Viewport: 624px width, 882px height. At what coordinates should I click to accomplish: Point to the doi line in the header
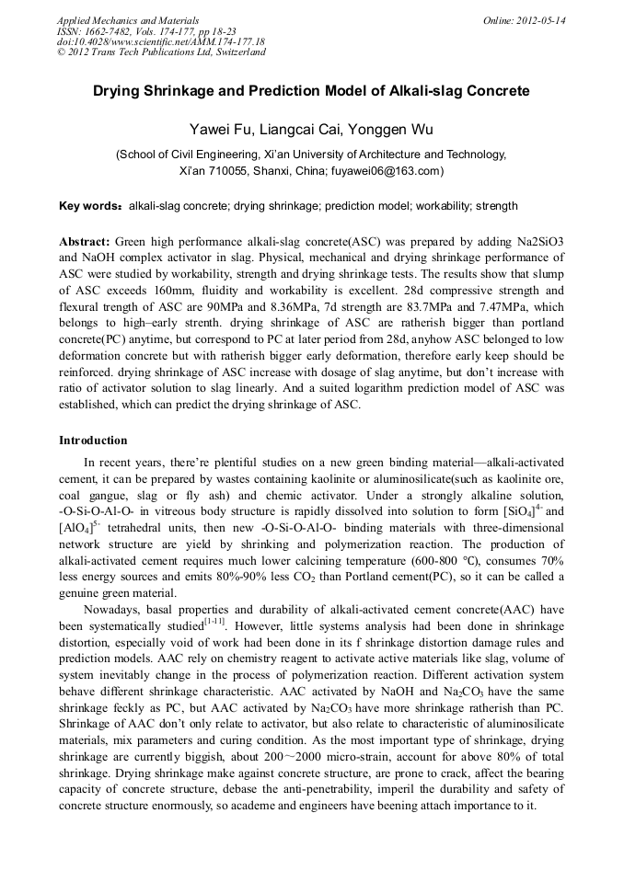[x=160, y=41]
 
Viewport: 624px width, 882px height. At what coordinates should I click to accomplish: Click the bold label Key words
[x=89, y=206]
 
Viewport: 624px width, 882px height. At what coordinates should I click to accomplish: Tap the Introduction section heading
[x=93, y=441]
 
